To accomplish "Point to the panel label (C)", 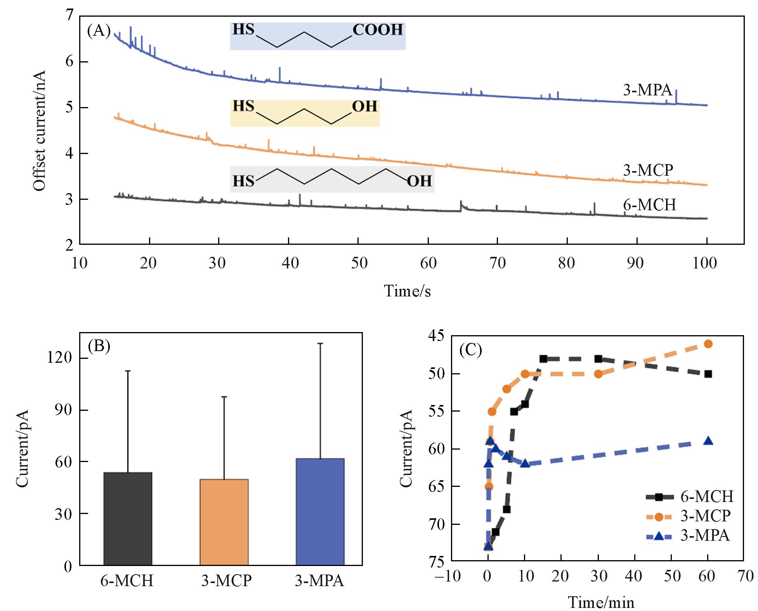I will click(x=470, y=350).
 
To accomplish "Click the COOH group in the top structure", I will click(x=378, y=30).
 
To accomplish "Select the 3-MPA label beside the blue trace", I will click(x=647, y=90).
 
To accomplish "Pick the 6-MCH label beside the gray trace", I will click(x=649, y=204).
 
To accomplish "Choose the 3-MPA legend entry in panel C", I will click(x=688, y=536).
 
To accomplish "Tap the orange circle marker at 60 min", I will click(x=708, y=344).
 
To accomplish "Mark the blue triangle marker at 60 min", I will click(x=708, y=441).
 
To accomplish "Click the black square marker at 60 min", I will click(x=708, y=374).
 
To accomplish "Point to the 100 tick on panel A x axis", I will click(x=705, y=263).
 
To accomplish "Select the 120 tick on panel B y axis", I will click(x=59, y=358).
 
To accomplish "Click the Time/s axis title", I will click(x=407, y=291).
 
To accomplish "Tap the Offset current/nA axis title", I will click(x=39, y=130).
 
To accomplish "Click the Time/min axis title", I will click(x=601, y=602).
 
